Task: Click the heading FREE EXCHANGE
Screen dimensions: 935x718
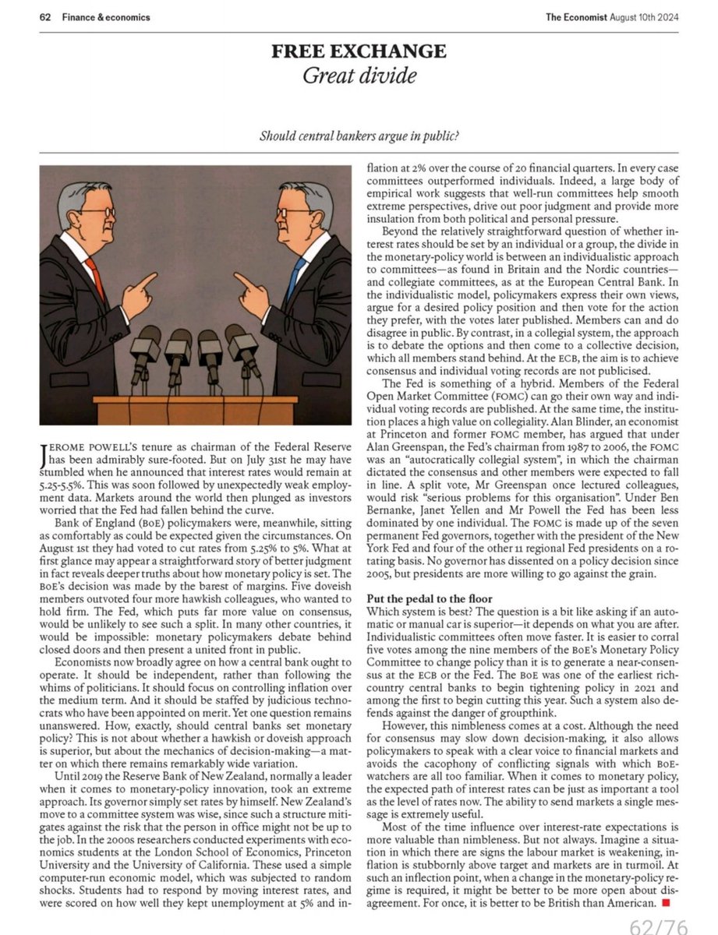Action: [x=358, y=51]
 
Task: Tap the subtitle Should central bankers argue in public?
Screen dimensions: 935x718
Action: [x=359, y=136]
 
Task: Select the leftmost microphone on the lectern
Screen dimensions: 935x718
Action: [x=144, y=346]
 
